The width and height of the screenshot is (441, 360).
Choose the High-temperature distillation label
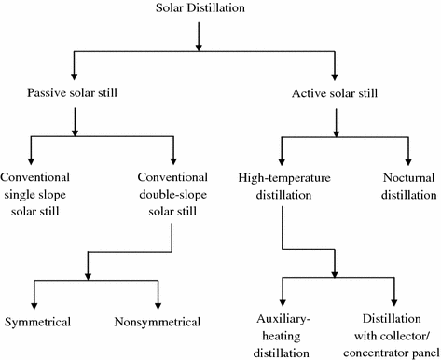(x=280, y=186)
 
